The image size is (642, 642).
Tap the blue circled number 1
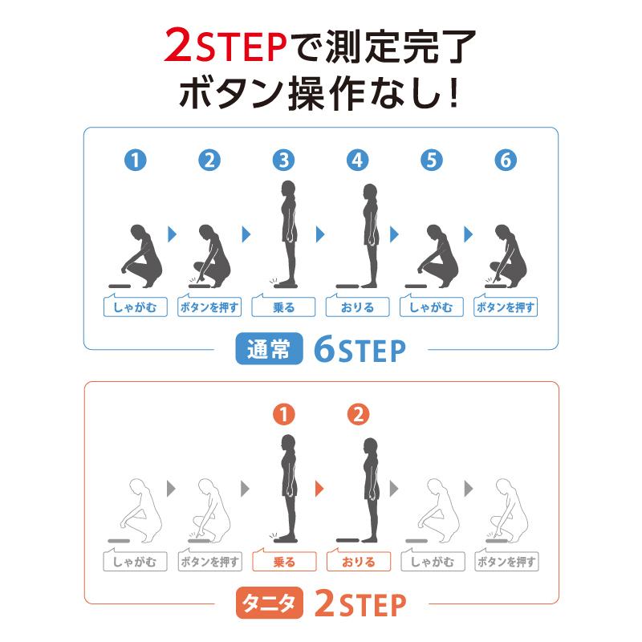[135, 160]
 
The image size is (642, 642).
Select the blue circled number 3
[283, 160]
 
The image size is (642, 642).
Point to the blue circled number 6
[506, 160]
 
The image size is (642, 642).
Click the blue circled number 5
[432, 160]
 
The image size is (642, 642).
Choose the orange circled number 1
[284, 414]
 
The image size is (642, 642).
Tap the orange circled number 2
[358, 414]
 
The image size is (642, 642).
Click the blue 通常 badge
[269, 348]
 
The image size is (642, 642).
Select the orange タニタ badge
[269, 603]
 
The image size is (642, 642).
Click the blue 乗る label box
[283, 307]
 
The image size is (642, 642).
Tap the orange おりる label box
[358, 561]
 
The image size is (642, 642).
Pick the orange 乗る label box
[284, 561]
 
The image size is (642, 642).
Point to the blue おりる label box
[357, 307]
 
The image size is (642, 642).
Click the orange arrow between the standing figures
[319, 489]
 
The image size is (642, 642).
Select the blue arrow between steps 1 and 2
[172, 234]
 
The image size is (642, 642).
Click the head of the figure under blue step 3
[288, 189]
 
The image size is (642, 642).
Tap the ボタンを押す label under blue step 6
[506, 307]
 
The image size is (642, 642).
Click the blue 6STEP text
[360, 350]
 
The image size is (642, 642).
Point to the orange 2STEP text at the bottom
[360, 604]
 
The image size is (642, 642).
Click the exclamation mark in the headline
[453, 92]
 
